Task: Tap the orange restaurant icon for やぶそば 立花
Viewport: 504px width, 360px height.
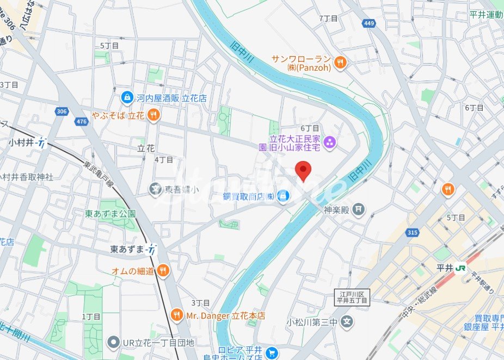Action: pyautogui.click(x=154, y=115)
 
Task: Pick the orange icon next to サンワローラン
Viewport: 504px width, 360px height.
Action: pyautogui.click(x=341, y=62)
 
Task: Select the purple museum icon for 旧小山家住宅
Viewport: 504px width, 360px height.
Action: pyautogui.click(x=329, y=143)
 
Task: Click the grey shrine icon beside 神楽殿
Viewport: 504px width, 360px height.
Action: pyautogui.click(x=358, y=209)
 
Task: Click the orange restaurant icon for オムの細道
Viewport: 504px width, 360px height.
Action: pyautogui.click(x=163, y=270)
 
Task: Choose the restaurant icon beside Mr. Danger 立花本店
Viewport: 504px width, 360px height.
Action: pyautogui.click(x=176, y=315)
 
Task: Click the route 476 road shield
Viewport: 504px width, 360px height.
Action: pyautogui.click(x=82, y=122)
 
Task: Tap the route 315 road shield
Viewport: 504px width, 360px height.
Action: pyautogui.click(x=412, y=233)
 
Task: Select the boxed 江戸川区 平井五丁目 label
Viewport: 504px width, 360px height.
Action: pyautogui.click(x=352, y=296)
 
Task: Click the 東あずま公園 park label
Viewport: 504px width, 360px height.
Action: pyautogui.click(x=110, y=214)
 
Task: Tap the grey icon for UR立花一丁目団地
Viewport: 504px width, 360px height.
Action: pyautogui.click(x=113, y=343)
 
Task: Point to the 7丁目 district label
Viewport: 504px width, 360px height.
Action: pyautogui.click(x=328, y=18)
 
